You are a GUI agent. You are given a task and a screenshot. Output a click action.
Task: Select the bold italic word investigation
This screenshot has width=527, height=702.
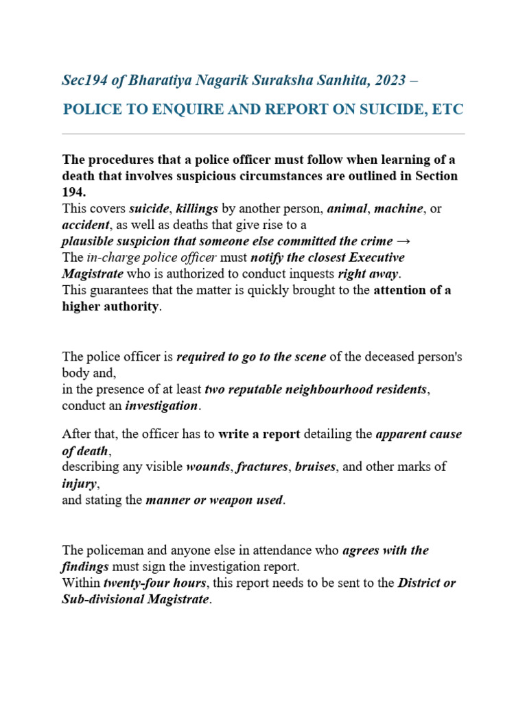(x=161, y=406)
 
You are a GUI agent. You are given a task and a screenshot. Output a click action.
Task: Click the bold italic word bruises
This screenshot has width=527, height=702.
(x=315, y=467)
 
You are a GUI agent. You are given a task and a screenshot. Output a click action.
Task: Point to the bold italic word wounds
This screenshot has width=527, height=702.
(x=209, y=467)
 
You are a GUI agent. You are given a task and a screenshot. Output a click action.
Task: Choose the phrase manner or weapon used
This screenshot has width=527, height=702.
(x=214, y=500)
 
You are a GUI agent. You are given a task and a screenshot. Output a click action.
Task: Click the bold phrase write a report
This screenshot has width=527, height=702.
(x=258, y=434)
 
